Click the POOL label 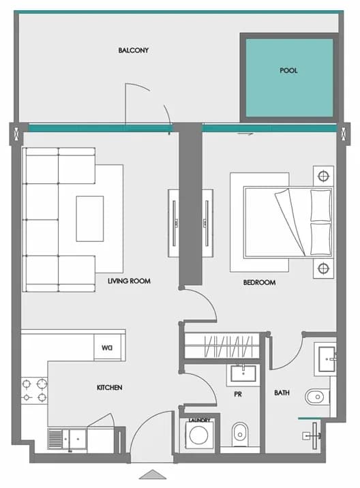pos(288,70)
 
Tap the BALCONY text pos(133,50)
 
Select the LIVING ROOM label pos(129,281)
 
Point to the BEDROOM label pos(259,283)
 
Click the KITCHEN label pos(109,388)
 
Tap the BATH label pos(282,393)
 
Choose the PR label pos(237,395)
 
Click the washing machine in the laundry pos(198,435)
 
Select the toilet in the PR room pos(240,434)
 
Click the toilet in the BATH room pos(317,397)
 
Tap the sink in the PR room pos(243,373)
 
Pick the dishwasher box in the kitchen pos(107,348)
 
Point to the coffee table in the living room pos(90,219)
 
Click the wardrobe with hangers pos(222,346)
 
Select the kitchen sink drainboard pos(55,439)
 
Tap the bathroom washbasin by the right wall pos(327,359)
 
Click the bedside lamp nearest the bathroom pos(323,268)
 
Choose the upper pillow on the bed pos(320,205)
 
